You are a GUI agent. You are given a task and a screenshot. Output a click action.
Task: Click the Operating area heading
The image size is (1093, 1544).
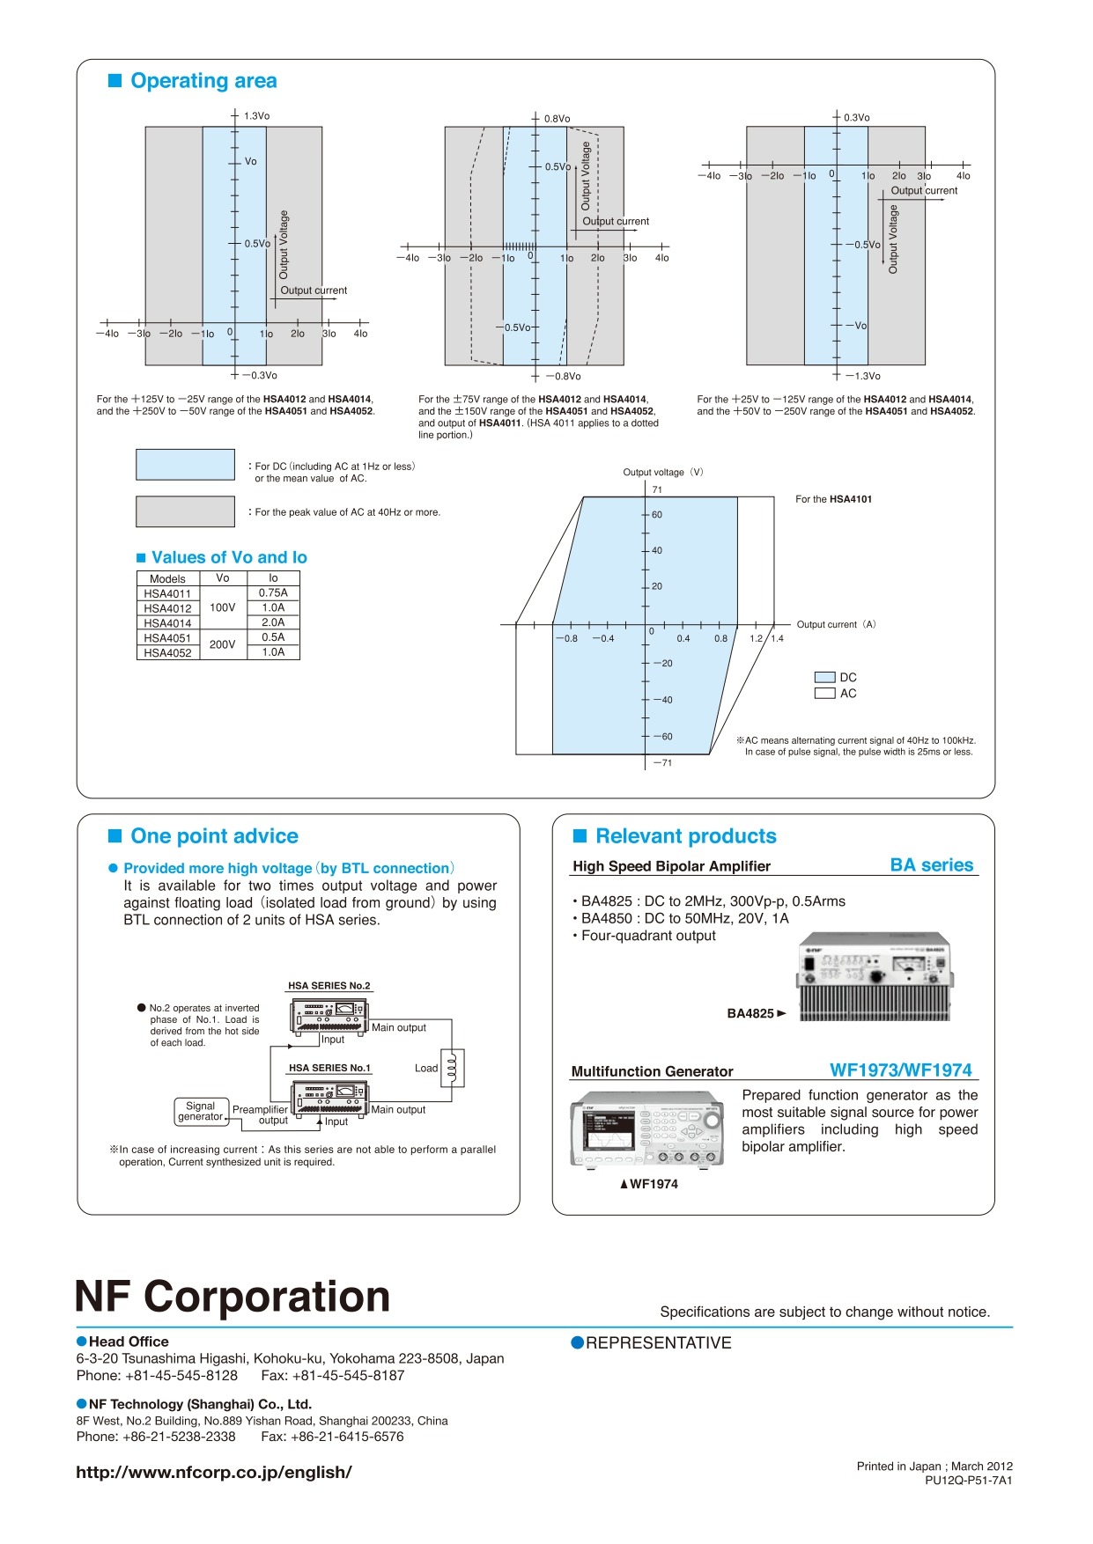(203, 81)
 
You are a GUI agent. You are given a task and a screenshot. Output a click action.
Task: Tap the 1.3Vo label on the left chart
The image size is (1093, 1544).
(256, 116)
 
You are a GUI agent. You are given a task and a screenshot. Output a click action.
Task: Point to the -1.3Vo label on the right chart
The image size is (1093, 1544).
(862, 376)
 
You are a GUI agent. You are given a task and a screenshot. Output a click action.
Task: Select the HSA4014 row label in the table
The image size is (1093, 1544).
(167, 623)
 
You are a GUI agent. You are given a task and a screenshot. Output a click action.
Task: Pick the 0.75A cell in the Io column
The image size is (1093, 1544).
(273, 593)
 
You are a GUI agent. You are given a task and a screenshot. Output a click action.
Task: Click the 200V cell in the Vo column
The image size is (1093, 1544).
(223, 644)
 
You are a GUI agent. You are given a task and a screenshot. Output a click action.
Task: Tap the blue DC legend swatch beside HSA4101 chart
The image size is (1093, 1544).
(824, 678)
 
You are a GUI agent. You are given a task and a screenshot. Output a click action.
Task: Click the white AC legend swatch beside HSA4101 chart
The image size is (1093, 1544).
(824, 694)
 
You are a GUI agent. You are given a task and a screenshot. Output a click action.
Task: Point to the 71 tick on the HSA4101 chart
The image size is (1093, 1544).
(657, 489)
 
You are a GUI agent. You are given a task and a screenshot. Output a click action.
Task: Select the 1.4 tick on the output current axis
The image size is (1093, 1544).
(777, 638)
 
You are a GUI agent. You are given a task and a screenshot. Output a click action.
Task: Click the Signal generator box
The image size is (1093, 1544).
(201, 1112)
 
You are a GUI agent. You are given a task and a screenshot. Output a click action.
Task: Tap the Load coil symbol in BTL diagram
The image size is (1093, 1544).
(452, 1068)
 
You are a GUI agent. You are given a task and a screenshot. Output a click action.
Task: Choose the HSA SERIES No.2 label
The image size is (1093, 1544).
(329, 986)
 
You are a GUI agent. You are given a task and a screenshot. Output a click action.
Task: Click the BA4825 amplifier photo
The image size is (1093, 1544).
(875, 976)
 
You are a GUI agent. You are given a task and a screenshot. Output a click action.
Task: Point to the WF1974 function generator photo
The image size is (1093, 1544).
(647, 1129)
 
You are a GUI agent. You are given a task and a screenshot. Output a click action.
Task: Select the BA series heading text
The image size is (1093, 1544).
(932, 865)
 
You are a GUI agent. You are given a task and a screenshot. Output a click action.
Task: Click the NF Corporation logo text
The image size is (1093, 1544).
(233, 1297)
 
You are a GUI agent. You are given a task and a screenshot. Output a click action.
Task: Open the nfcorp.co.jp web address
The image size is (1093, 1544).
(214, 1473)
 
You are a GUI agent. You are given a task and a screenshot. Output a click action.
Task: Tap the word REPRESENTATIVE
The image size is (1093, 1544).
(659, 1342)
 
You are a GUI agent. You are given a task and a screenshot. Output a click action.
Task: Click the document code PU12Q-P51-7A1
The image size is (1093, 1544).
(968, 1481)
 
